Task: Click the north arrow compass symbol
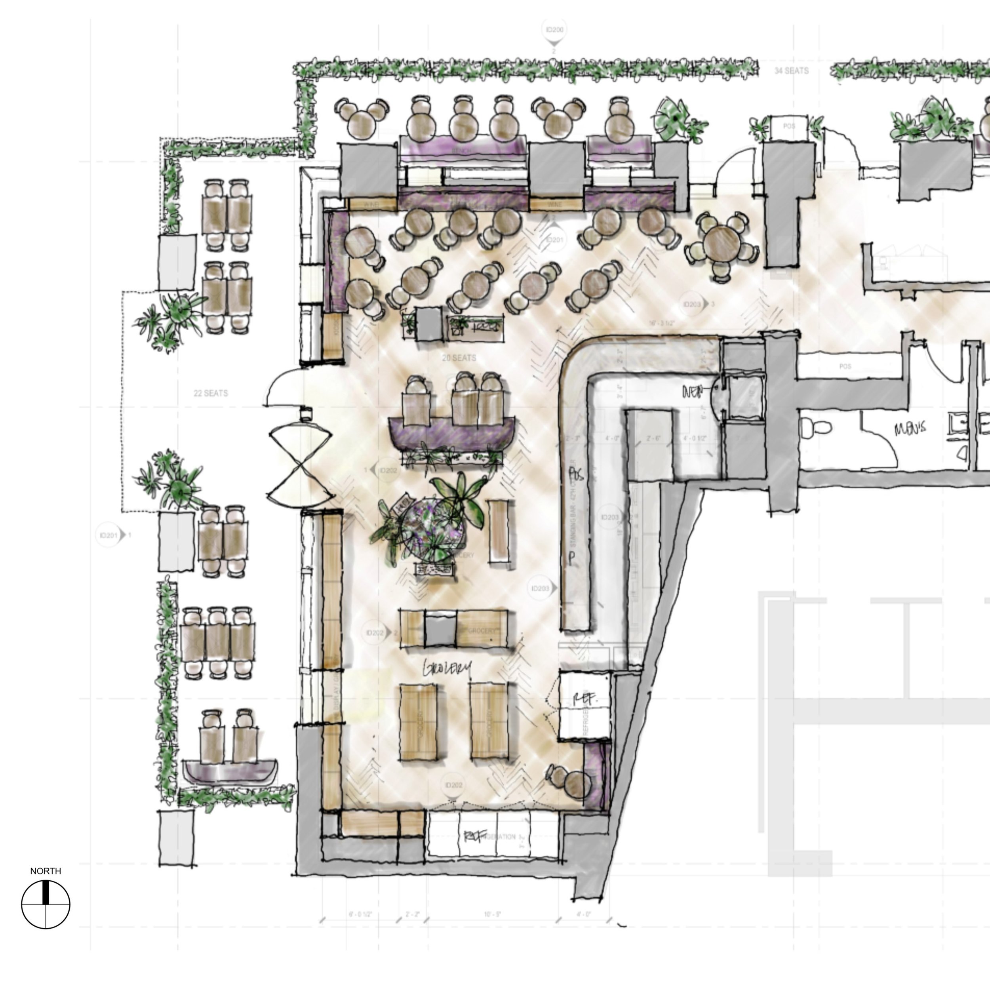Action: [46, 904]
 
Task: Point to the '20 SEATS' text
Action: [459, 358]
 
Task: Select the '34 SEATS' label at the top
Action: [791, 71]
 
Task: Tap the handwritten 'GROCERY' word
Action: [446, 668]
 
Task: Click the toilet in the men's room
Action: [817, 426]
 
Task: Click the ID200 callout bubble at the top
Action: [554, 30]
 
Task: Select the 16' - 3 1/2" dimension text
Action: [662, 324]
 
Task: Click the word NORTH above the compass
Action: [46, 871]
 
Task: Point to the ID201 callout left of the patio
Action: [109, 535]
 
